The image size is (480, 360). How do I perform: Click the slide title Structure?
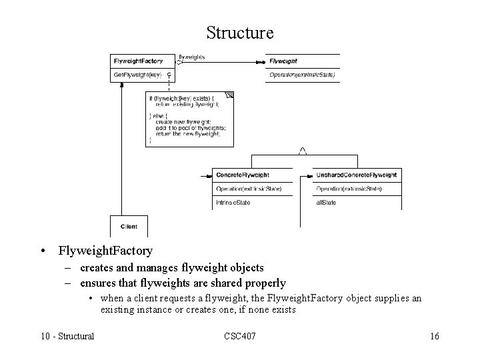click(239, 33)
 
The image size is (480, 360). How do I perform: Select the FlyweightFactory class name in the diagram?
click(138, 61)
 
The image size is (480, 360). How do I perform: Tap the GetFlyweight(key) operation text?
click(137, 75)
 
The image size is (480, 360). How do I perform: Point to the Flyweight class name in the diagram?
click(283, 61)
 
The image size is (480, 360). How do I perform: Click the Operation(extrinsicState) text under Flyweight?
click(302, 75)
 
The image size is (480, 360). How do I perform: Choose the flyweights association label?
click(192, 57)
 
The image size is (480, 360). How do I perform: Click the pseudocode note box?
click(190, 120)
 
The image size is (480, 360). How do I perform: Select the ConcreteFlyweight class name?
click(243, 175)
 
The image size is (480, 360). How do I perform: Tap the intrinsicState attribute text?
click(233, 203)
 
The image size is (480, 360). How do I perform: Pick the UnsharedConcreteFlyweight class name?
click(356, 175)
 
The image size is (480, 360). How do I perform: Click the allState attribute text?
click(326, 203)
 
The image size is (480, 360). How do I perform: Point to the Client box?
click(129, 227)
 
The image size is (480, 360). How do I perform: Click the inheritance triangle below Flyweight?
click(302, 151)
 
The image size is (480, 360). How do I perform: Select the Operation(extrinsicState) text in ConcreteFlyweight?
click(249, 189)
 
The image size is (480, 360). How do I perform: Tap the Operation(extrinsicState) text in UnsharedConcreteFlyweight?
click(349, 189)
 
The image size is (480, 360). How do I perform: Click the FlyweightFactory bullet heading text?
click(105, 251)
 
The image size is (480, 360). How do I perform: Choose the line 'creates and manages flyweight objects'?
click(171, 269)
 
